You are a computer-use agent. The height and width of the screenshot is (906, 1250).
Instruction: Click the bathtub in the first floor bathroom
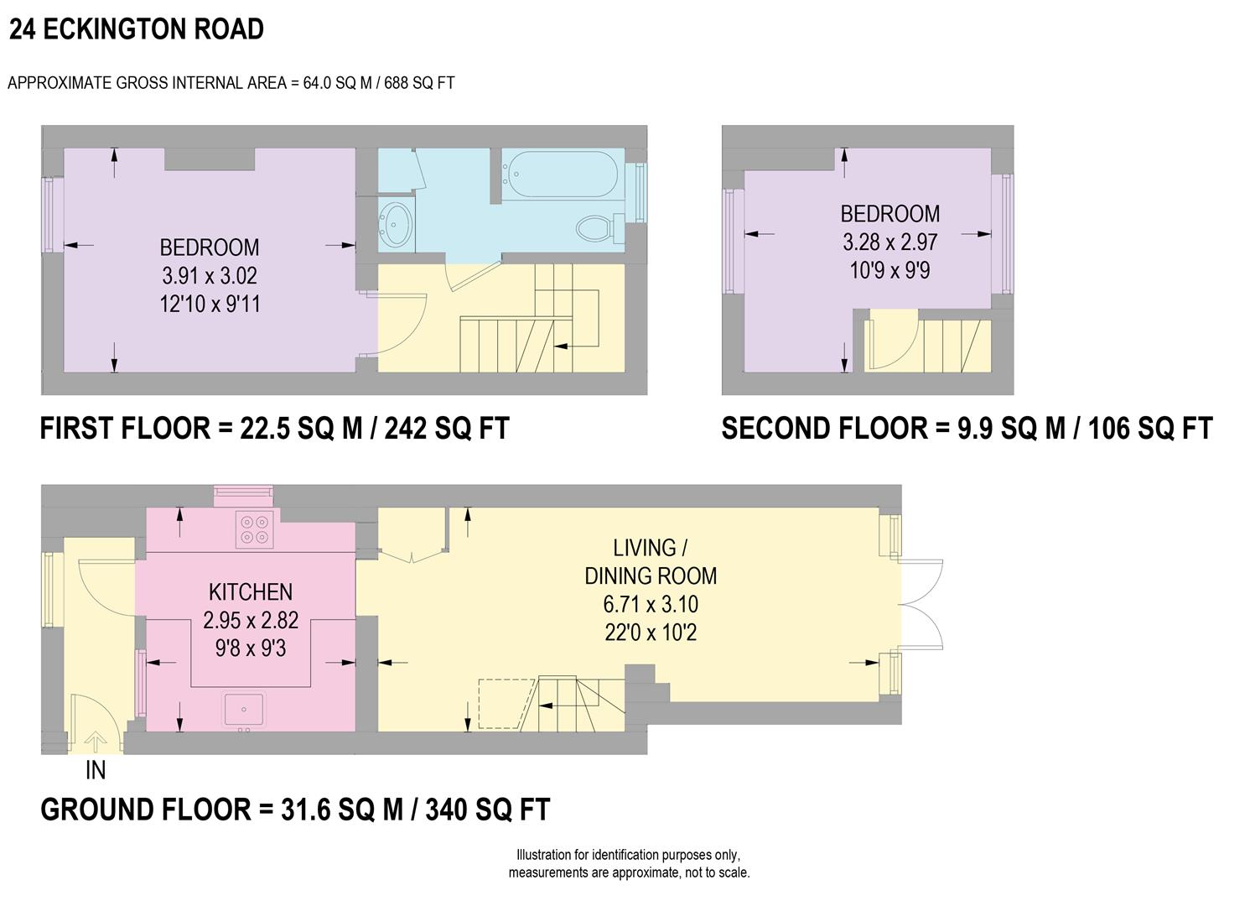(559, 174)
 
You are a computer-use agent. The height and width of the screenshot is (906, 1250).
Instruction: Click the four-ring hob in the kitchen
(254, 528)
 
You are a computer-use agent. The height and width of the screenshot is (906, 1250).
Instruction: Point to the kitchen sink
(244, 710)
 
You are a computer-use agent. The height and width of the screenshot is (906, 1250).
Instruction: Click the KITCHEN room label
(251, 592)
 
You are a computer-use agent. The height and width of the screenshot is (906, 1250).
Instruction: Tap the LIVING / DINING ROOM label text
(651, 562)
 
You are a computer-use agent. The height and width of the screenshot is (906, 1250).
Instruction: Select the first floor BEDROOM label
(210, 247)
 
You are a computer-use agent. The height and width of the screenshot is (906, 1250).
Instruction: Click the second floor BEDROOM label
(890, 214)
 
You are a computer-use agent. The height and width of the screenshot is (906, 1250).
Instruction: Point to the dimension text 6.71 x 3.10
(651, 604)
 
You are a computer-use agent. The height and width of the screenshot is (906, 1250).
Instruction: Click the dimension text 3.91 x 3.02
(210, 276)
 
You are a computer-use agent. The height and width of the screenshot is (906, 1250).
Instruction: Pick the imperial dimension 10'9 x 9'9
(890, 270)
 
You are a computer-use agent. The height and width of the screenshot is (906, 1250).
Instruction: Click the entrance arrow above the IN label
(96, 742)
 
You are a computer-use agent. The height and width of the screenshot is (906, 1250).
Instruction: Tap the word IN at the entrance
(96, 769)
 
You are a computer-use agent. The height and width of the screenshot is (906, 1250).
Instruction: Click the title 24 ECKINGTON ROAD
(137, 29)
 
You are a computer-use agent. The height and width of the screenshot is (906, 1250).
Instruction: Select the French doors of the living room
(921, 603)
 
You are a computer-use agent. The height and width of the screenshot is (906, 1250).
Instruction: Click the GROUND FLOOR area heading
(295, 810)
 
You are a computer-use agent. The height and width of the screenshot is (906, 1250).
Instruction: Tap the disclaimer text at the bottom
(629, 864)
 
